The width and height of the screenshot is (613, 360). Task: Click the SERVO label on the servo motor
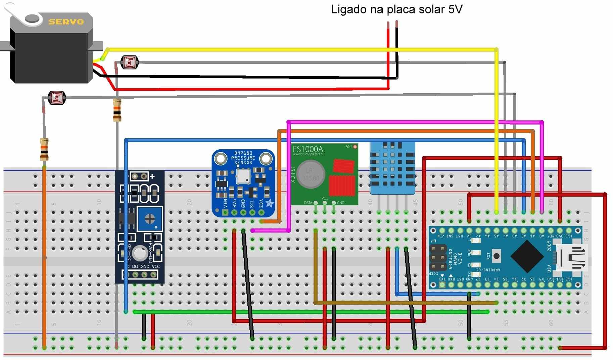click(66, 22)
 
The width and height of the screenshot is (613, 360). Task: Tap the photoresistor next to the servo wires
click(130, 62)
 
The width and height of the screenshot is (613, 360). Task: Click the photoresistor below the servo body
click(57, 98)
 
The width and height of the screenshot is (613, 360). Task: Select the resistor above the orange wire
click(44, 149)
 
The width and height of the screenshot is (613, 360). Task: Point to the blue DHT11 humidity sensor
click(392, 168)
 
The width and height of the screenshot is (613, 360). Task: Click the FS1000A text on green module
click(308, 149)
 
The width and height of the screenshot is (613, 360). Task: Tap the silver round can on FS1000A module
click(311, 174)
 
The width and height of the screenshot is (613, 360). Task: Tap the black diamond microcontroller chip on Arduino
click(527, 257)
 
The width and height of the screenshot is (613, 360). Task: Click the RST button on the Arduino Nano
click(496, 256)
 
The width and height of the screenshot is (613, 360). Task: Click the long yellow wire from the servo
click(302, 50)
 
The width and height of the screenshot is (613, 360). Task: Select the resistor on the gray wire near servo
click(117, 110)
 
